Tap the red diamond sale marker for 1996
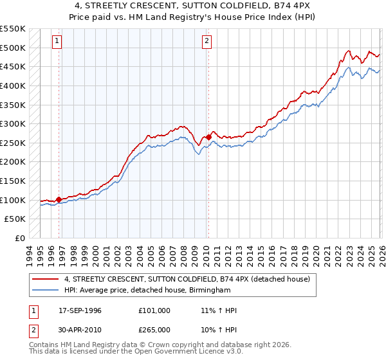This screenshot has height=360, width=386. point(59,199)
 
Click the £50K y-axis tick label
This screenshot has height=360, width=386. point(15,219)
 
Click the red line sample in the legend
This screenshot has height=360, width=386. point(46,279)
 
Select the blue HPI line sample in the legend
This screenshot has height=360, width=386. point(46,290)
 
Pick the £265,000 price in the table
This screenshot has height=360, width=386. point(154,329)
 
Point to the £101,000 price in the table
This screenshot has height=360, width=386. point(154,310)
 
